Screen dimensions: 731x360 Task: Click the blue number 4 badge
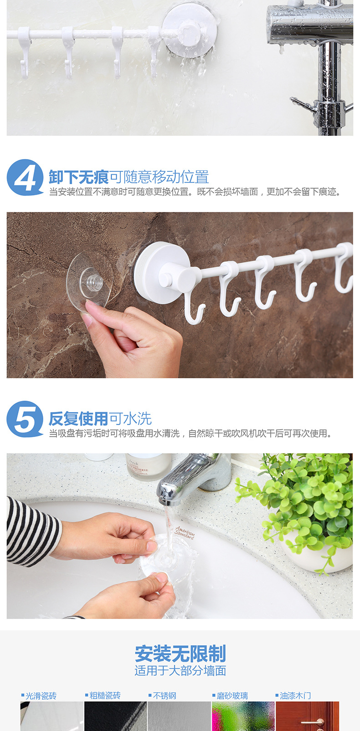coord(25,178)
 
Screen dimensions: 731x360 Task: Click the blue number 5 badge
coord(25,419)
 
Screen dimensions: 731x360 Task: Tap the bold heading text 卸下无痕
coord(78,177)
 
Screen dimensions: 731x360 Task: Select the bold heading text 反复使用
coord(78,418)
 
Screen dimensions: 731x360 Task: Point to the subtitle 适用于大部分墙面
coord(180,671)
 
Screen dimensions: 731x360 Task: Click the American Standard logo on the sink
coord(185,533)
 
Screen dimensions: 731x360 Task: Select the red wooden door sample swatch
coord(307,717)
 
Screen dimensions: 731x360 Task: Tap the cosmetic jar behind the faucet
coord(144,466)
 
